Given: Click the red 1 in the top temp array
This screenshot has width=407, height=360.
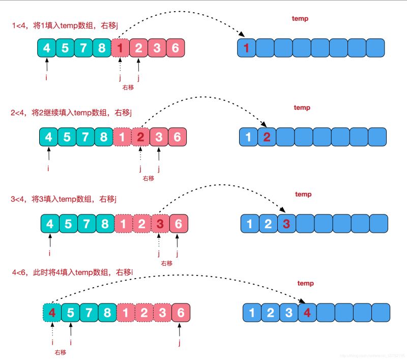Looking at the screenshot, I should (x=247, y=48).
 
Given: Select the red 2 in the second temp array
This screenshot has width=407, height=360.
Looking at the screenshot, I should (x=266, y=137).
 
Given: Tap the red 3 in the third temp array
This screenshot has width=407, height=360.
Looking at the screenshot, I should (x=286, y=223).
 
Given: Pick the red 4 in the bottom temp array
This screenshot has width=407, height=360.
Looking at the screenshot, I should (x=307, y=312).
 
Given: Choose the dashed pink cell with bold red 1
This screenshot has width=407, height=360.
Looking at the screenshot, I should (x=120, y=48).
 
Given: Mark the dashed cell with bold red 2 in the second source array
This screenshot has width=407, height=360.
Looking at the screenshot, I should (x=141, y=136).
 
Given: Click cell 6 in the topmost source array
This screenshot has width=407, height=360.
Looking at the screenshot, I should (x=175, y=48).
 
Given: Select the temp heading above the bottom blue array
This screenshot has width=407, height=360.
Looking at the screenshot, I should (x=305, y=283).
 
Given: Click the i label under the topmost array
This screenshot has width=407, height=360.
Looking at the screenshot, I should (x=47, y=78).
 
